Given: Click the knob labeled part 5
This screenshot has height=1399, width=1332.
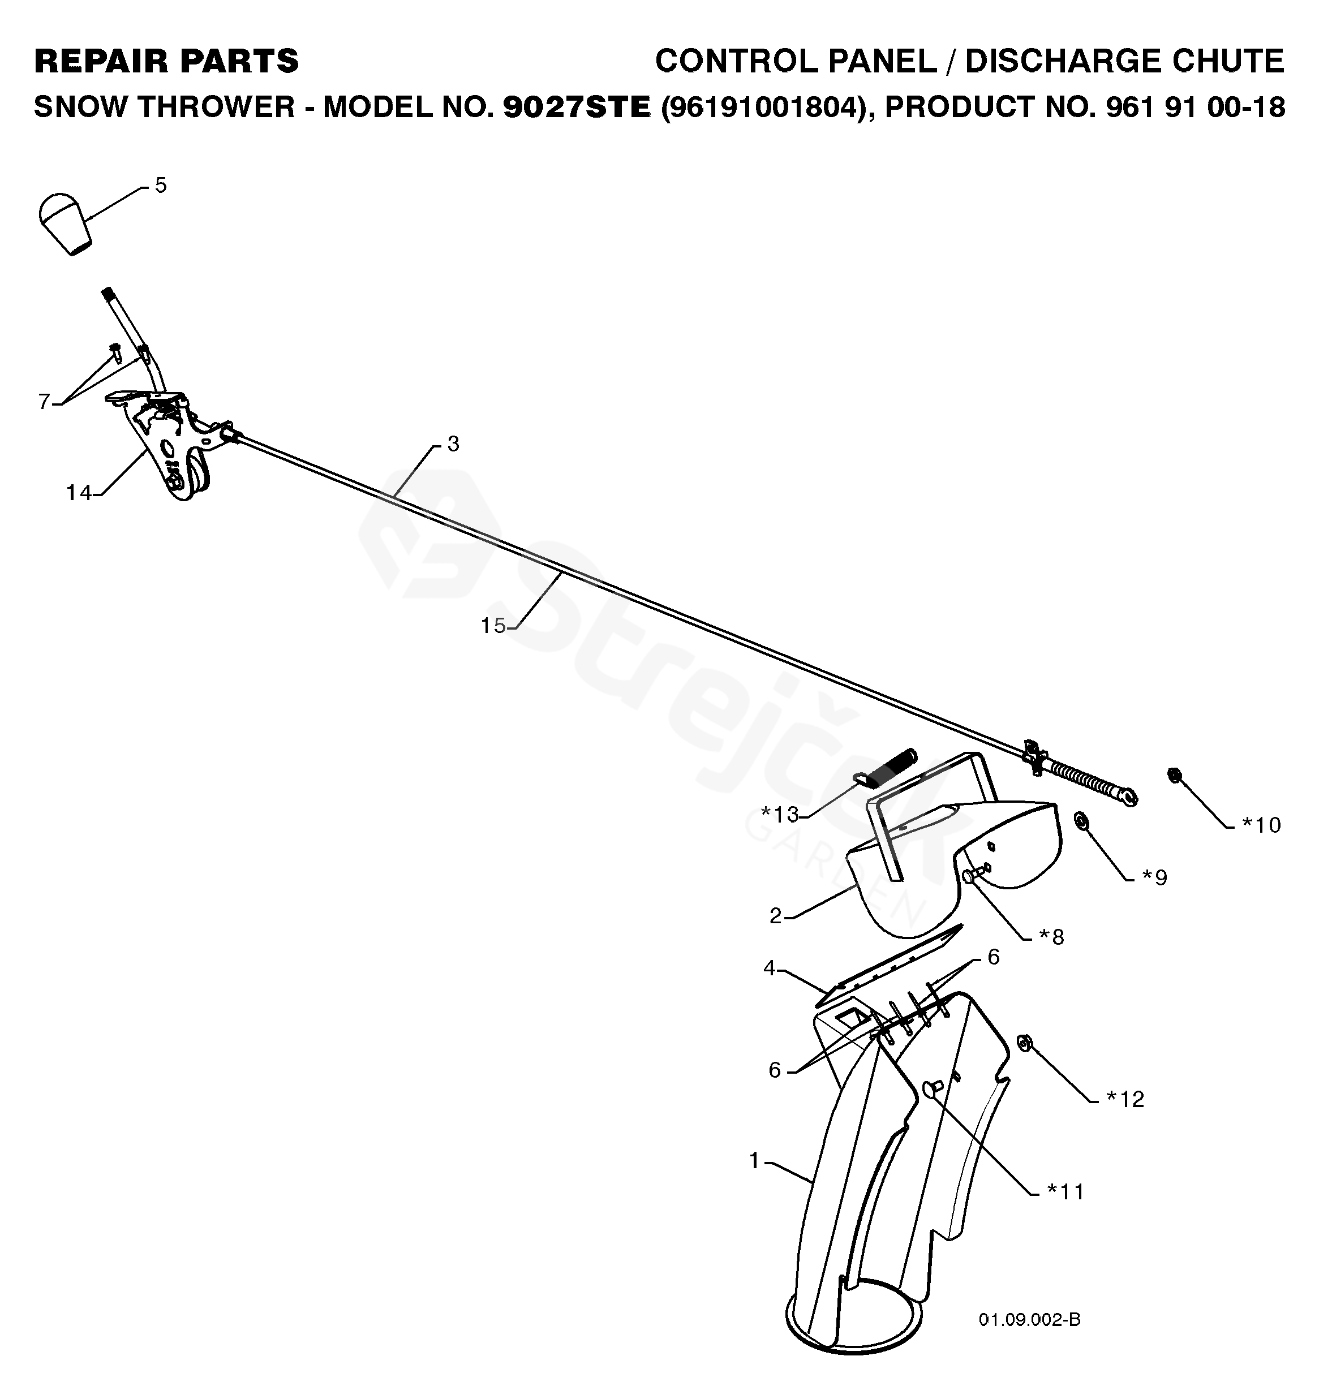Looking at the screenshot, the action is click(64, 222).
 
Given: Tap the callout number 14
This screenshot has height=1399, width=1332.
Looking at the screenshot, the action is click(79, 492).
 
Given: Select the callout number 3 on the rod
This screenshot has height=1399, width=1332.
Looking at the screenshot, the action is click(453, 444).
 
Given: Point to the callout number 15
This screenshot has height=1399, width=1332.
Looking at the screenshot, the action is click(493, 625).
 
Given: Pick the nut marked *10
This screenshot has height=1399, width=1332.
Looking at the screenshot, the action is click(1174, 775).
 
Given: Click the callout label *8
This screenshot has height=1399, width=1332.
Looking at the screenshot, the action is click(1051, 937).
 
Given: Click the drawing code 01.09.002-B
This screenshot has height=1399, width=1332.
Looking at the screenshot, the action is click(1029, 1319).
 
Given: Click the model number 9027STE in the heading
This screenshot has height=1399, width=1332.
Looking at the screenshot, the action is click(576, 107).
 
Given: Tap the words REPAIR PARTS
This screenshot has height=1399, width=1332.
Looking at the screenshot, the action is click(166, 61).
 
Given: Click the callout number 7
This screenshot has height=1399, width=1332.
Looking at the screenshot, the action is click(44, 402).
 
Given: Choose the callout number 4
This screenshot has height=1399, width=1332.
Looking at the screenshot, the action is click(770, 967).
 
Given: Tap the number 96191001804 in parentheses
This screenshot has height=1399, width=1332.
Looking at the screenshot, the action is click(763, 107).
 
